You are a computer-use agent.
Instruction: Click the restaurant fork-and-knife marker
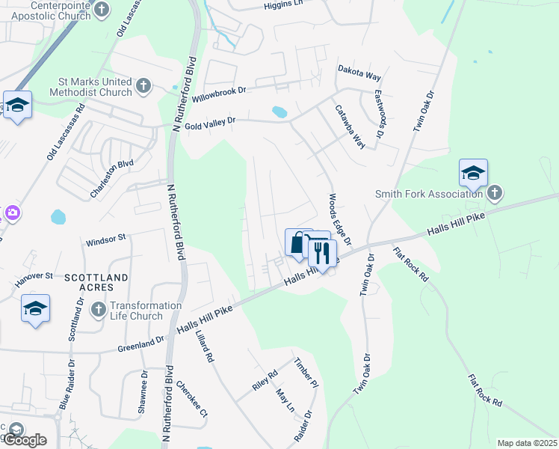pos(322,252)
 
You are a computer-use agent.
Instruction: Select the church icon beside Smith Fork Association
pos(493,194)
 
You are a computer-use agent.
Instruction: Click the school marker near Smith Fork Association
pos(473,174)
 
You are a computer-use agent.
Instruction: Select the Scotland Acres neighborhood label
pos(88,282)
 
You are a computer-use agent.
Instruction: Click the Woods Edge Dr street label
pos(336,222)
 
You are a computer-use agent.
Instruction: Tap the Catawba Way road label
pos(349,126)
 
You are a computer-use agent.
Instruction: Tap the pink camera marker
pos(12,214)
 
